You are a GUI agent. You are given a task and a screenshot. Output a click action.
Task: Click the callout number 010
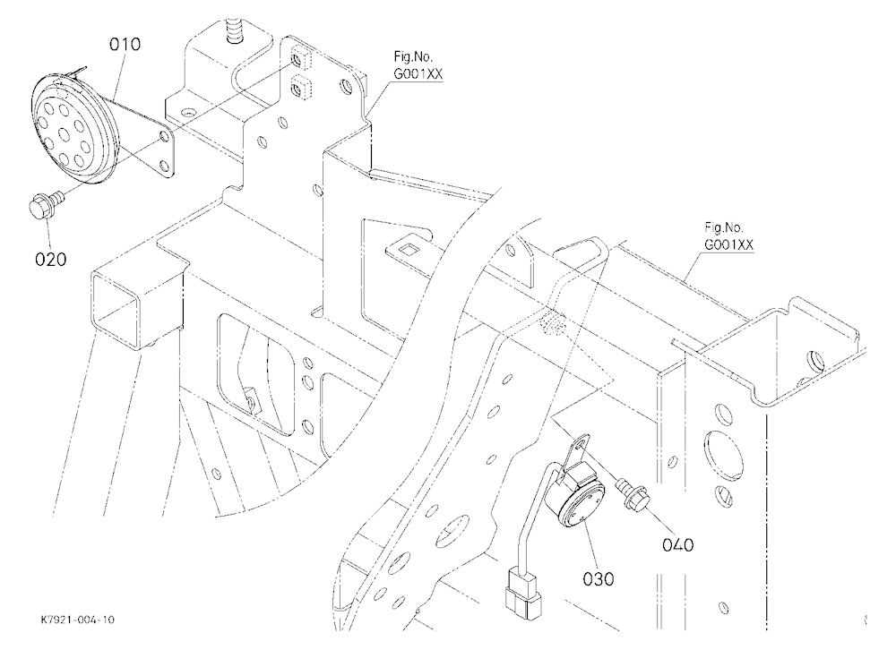[125, 44]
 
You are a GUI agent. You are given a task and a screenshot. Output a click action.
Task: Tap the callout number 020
[51, 260]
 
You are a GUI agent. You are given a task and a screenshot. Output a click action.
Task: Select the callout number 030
[599, 578]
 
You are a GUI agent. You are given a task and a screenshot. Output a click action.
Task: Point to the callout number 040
[677, 545]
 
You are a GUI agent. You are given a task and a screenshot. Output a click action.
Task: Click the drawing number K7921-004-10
[77, 620]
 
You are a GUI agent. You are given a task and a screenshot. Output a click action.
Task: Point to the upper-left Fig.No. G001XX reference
[418, 65]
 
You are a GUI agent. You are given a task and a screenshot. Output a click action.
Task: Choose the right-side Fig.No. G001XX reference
[728, 235]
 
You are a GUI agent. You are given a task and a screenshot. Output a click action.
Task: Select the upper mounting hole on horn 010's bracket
[165, 136]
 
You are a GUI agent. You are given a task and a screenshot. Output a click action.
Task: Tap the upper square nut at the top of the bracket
[300, 58]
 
